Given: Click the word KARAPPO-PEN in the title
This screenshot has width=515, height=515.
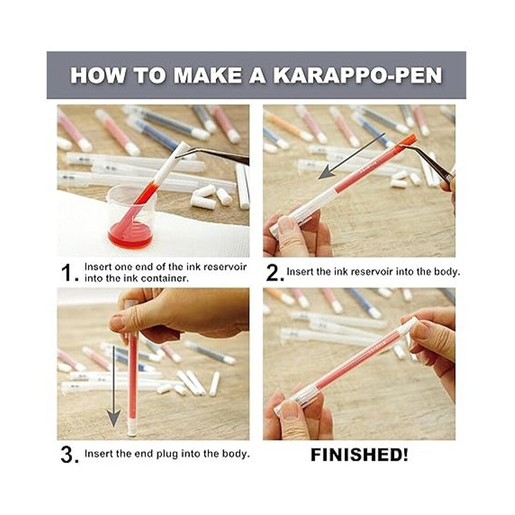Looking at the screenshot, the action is click(358, 76).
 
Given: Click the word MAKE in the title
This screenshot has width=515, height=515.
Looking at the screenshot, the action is click(208, 76).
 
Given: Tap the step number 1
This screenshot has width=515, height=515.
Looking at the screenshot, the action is click(68, 274).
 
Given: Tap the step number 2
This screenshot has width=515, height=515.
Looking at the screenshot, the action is click(275, 274).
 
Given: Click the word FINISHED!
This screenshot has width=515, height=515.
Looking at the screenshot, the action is click(359, 455).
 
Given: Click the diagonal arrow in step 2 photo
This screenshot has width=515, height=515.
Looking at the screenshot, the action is click(351, 156).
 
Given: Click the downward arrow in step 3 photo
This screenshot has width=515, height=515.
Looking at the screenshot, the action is click(114, 386).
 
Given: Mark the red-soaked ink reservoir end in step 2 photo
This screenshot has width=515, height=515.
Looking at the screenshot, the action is click(409, 141).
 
